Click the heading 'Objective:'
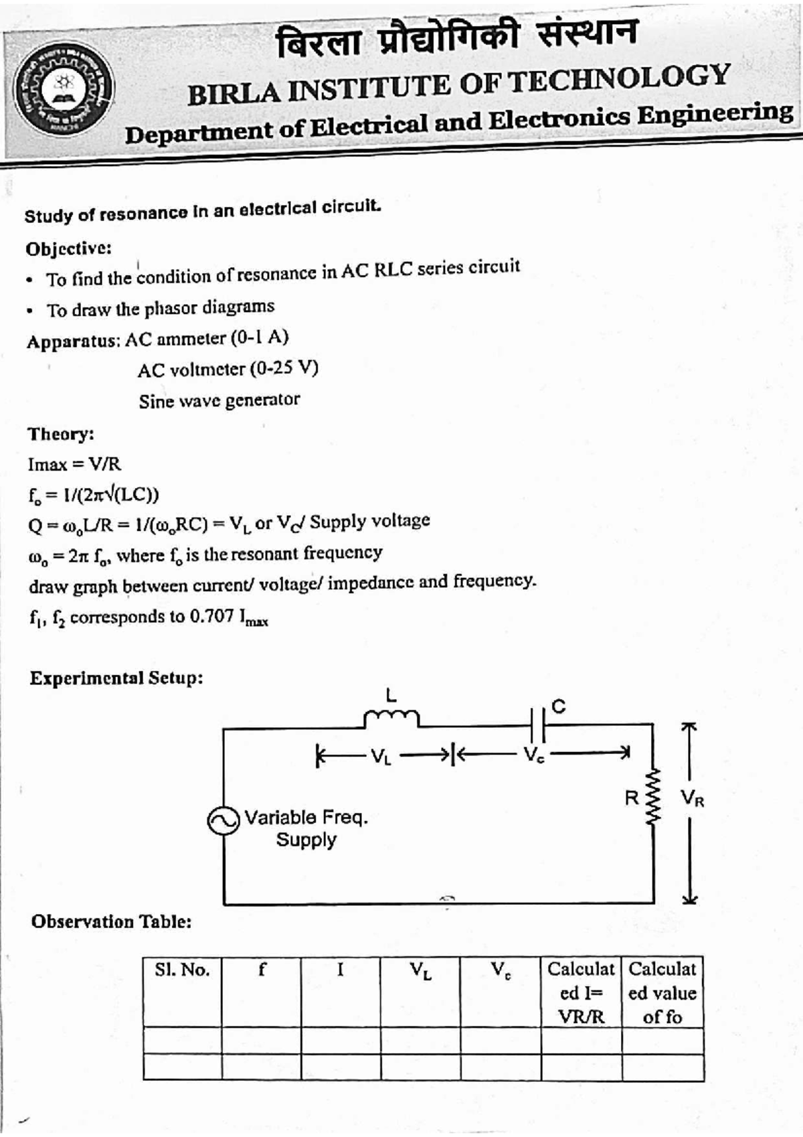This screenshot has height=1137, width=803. pyautogui.click(x=68, y=248)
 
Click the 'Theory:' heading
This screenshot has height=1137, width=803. pyautogui.click(x=61, y=434)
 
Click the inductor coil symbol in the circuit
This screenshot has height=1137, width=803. pyautogui.click(x=391, y=718)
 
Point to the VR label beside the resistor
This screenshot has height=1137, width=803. pyautogui.click(x=692, y=798)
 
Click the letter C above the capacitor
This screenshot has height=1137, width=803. pyautogui.click(x=559, y=706)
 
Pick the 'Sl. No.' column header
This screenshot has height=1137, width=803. pyautogui.click(x=182, y=970)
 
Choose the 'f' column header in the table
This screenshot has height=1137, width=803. pyautogui.click(x=262, y=969)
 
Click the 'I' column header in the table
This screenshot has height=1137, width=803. pyautogui.click(x=341, y=969)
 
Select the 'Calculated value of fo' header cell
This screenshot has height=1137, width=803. pyautogui.click(x=662, y=992)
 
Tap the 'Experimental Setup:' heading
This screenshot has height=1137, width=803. pyautogui.click(x=116, y=678)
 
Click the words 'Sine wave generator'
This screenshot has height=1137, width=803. pyautogui.click(x=219, y=400)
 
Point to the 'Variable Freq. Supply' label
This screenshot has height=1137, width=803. pyautogui.click(x=306, y=828)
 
